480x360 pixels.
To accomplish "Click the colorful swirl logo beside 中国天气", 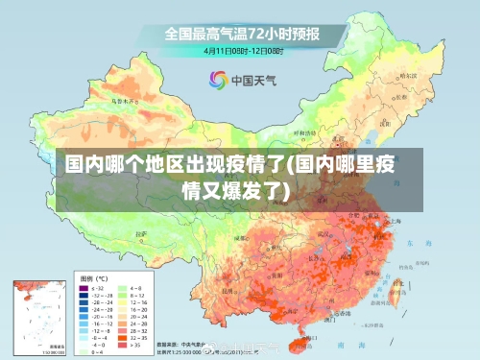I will click(217, 79).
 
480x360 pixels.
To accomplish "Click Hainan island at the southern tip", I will click(306, 338).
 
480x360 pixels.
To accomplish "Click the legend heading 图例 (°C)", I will click(94, 278).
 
